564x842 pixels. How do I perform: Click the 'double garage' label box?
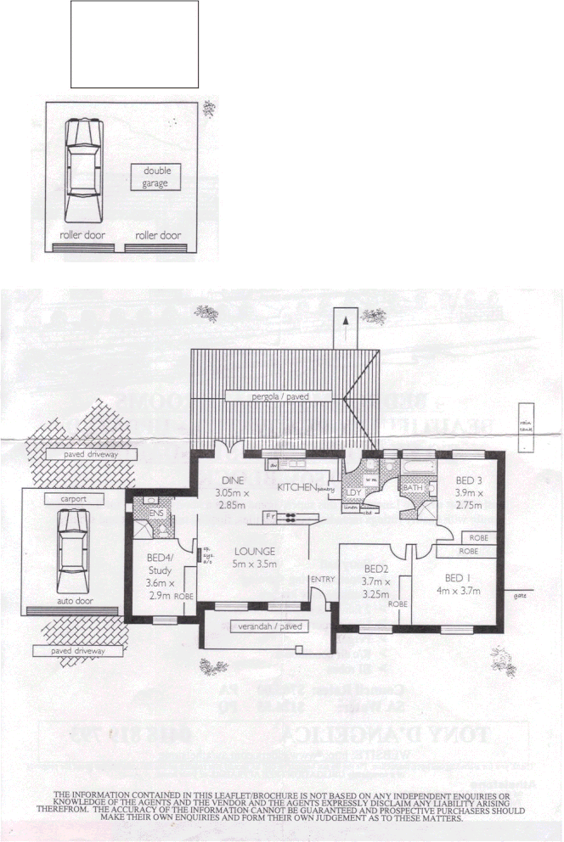pos(155,177)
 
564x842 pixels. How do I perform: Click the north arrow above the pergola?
pos(345,328)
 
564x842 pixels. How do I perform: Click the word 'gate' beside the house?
pos(520,595)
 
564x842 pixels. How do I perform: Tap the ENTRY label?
pos(323,580)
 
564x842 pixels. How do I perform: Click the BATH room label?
pos(413,488)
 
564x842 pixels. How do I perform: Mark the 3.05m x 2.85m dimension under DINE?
pos(230,499)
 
